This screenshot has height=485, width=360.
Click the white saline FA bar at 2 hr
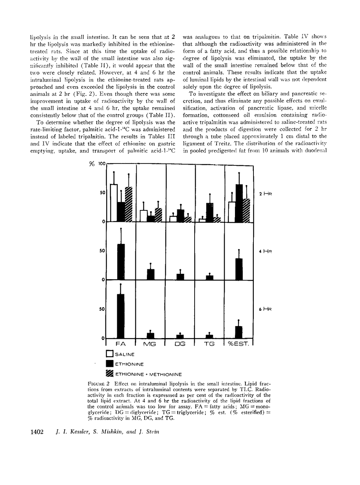[x=113, y=203]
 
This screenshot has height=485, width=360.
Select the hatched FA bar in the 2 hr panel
[x=128, y=205]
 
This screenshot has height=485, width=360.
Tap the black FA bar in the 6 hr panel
[x=121, y=316]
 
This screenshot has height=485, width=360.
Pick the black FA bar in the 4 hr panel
[x=121, y=262]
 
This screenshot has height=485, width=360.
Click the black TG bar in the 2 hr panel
[x=210, y=213]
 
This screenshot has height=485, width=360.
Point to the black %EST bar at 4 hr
[x=239, y=269]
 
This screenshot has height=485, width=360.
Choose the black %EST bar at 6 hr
[x=239, y=332]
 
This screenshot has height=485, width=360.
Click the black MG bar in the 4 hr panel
[x=151, y=275]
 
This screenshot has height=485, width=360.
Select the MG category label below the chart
[x=150, y=344]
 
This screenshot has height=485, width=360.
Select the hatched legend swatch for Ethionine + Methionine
[x=109, y=373]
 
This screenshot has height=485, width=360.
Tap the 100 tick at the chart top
[x=102, y=164]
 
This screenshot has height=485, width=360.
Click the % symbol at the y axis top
[x=92, y=164]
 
